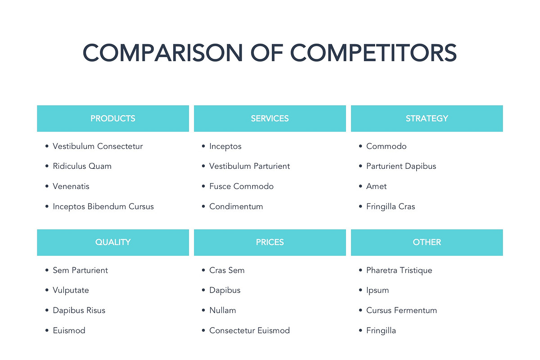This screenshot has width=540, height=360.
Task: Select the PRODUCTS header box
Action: point(113,118)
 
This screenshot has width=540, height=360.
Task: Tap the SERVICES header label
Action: point(270,118)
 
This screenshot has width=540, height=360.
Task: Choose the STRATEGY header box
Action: point(427,118)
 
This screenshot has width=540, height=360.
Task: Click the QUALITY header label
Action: point(113,242)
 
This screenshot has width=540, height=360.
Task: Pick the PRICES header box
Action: point(270,242)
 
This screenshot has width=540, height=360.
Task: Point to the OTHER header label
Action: point(427,242)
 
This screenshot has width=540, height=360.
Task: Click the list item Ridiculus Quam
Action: point(82,166)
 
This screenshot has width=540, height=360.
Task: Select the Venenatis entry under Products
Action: point(71,186)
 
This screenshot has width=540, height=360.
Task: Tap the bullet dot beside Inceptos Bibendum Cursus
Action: point(47,207)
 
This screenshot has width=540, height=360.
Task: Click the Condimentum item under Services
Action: point(236,207)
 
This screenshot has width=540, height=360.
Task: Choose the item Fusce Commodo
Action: point(241,186)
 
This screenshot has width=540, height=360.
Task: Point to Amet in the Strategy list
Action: point(376,186)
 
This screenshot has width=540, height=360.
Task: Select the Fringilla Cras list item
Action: point(391,207)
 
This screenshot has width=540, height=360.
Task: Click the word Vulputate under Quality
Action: point(71,290)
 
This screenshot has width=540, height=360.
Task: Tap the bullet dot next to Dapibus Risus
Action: point(47,310)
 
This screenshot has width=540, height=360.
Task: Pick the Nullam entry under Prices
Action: point(222,310)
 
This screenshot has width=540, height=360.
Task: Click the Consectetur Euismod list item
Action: point(249,331)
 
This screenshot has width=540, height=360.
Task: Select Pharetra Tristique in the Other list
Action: point(399,270)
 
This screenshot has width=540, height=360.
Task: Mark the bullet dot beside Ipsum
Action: point(361,290)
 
